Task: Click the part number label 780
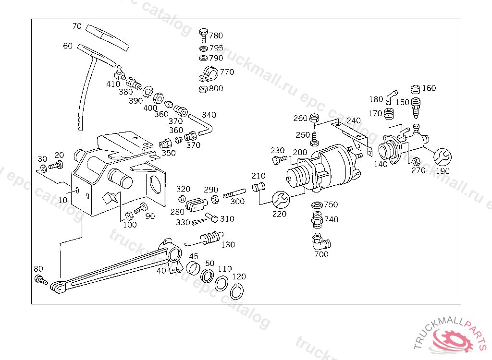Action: [x=216, y=36]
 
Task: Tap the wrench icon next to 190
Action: [x=442, y=157]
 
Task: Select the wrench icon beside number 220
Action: [x=280, y=198]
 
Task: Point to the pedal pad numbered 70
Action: [x=108, y=36]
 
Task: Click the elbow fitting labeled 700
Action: [x=319, y=241]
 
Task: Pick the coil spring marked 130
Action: [x=209, y=237]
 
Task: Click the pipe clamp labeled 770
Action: [x=207, y=74]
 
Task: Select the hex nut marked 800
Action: [x=203, y=89]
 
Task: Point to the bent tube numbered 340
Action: [x=202, y=124]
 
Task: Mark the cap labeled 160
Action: [x=416, y=89]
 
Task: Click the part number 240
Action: [x=353, y=120]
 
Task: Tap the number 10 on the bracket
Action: [x=63, y=200]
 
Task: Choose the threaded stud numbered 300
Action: [x=234, y=195]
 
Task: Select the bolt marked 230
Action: [x=278, y=160]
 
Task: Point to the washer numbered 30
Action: [x=43, y=168]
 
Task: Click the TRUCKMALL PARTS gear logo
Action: [x=453, y=339]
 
